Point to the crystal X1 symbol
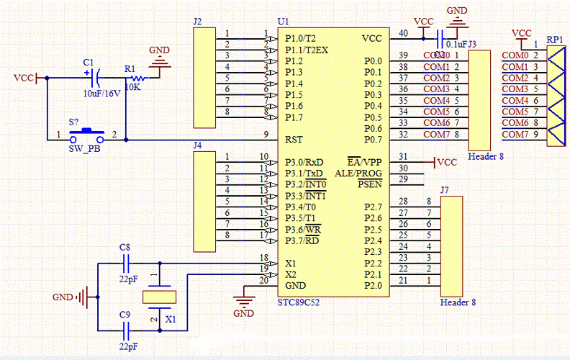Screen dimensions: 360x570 click(159, 295)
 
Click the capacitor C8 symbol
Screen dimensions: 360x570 click(127, 264)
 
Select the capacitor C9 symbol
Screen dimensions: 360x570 click(127, 330)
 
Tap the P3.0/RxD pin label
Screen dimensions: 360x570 click(304, 161)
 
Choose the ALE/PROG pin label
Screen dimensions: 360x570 click(358, 173)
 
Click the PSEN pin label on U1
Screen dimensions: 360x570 click(369, 184)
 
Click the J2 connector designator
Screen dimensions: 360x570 click(198, 22)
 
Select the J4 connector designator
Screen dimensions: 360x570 click(198, 145)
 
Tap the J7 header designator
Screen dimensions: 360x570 click(445, 190)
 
